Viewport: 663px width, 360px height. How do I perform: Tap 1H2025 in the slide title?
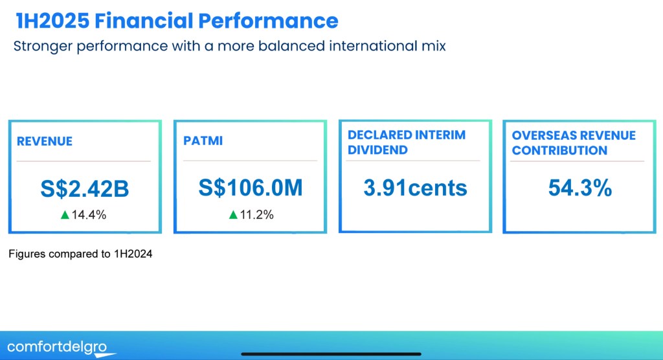(52, 21)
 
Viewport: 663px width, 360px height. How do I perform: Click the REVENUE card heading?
(45, 141)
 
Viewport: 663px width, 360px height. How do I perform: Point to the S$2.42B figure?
(85, 188)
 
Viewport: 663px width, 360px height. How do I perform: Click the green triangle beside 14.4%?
(65, 215)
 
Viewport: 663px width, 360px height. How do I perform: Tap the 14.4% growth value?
(89, 215)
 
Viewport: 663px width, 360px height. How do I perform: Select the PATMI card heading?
(203, 141)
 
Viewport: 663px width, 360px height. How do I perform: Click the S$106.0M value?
(251, 188)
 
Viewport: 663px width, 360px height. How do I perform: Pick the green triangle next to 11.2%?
(233, 215)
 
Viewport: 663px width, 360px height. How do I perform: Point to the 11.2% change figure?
(256, 215)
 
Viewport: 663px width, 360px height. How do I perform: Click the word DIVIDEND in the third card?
(377, 150)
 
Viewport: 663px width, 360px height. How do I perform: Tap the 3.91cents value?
(415, 188)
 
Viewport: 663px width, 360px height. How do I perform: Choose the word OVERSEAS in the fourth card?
(541, 135)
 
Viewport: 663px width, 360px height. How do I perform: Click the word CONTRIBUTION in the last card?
(559, 151)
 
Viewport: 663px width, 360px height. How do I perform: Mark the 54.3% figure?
(579, 188)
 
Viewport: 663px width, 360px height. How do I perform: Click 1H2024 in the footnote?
(133, 254)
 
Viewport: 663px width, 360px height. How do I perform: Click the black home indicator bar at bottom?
(331, 354)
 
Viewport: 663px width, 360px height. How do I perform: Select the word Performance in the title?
(268, 21)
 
